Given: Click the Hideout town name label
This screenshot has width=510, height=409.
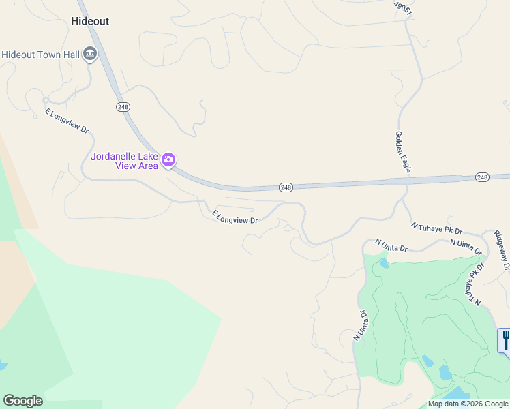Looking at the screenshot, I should (x=90, y=21).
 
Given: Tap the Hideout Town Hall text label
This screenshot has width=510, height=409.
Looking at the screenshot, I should (x=40, y=55).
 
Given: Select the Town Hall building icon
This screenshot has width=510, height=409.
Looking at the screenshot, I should (x=89, y=55).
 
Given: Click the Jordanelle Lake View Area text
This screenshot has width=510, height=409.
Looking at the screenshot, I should (x=125, y=160).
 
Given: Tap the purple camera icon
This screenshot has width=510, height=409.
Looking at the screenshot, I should (x=168, y=161).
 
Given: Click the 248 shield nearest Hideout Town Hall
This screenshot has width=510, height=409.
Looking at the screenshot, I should (x=123, y=107).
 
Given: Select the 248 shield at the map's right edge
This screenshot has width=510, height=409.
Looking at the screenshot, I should (x=482, y=177).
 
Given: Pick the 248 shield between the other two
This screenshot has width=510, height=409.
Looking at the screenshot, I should (x=286, y=187).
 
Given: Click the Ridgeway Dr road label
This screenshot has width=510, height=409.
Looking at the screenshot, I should (x=501, y=250).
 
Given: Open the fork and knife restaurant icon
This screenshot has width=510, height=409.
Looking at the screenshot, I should (x=505, y=339).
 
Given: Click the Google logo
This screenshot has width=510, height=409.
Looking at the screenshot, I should (x=22, y=401).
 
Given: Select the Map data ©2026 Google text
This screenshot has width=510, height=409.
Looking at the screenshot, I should (x=468, y=404).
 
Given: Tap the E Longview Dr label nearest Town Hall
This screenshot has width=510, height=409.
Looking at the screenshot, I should (x=67, y=120).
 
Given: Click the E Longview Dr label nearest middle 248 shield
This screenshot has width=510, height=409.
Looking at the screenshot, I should (x=235, y=217).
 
